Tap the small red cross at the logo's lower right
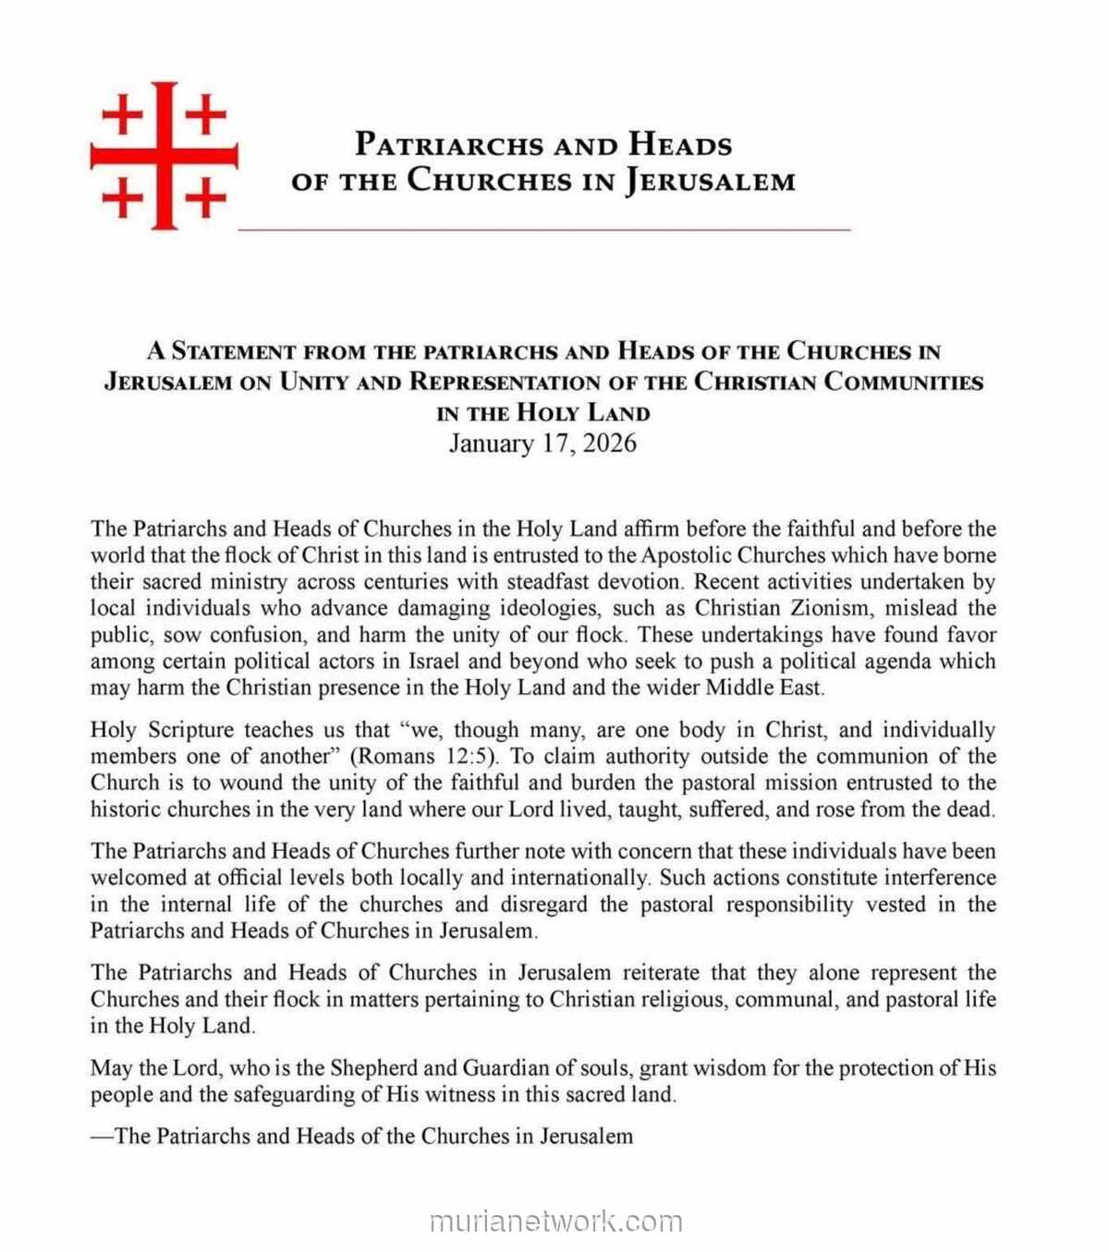pos(206,197)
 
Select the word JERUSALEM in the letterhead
pos(710,180)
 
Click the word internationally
pos(579,878)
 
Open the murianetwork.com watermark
pos(555,1222)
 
